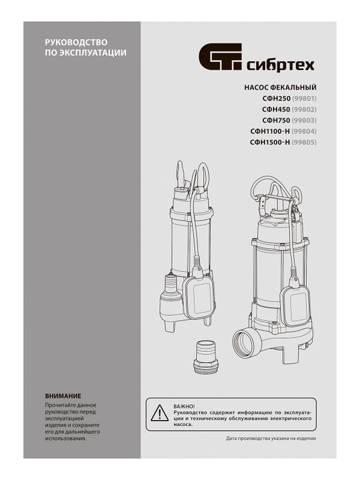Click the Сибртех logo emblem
click(x=221, y=57)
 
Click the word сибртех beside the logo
click(x=281, y=65)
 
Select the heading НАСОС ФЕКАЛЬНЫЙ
click(x=280, y=87)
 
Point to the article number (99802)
click(x=304, y=109)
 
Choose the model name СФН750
click(x=276, y=120)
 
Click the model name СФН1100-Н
click(x=270, y=131)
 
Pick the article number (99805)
click(x=304, y=143)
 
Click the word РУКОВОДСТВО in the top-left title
click(x=76, y=42)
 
